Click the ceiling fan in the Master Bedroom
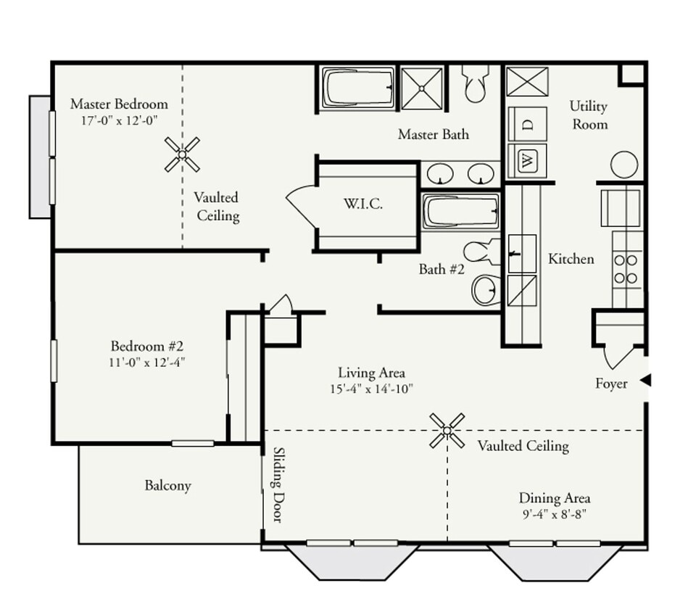(182, 154)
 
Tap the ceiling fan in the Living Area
(447, 431)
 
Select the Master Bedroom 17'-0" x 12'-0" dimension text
(119, 120)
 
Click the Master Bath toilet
(475, 85)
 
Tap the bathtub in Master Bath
(358, 88)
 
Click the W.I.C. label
(363, 204)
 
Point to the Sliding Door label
(278, 484)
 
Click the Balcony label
(167, 485)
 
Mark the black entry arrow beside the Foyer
(645, 381)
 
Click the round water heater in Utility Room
(624, 165)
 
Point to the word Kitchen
(571, 259)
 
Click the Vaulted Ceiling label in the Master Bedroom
(216, 207)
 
